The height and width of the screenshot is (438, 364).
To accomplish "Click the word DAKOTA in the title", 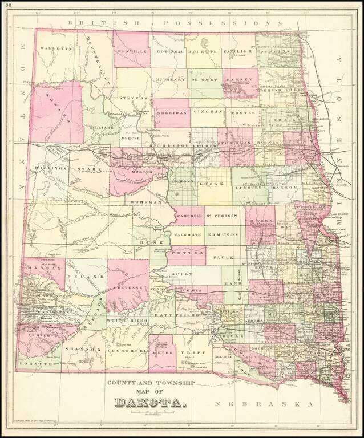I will pyautogui.click(x=151, y=403).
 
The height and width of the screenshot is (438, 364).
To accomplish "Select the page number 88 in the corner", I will pyautogui.click(x=7, y=5).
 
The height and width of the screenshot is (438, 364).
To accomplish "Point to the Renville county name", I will pyautogui.click(x=132, y=51).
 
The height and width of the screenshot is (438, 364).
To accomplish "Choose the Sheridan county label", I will pyautogui.click(x=171, y=113).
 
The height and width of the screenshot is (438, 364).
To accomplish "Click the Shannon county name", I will pyautogui.click(x=83, y=348).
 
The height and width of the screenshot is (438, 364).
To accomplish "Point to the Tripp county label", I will pyautogui.click(x=188, y=353).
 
